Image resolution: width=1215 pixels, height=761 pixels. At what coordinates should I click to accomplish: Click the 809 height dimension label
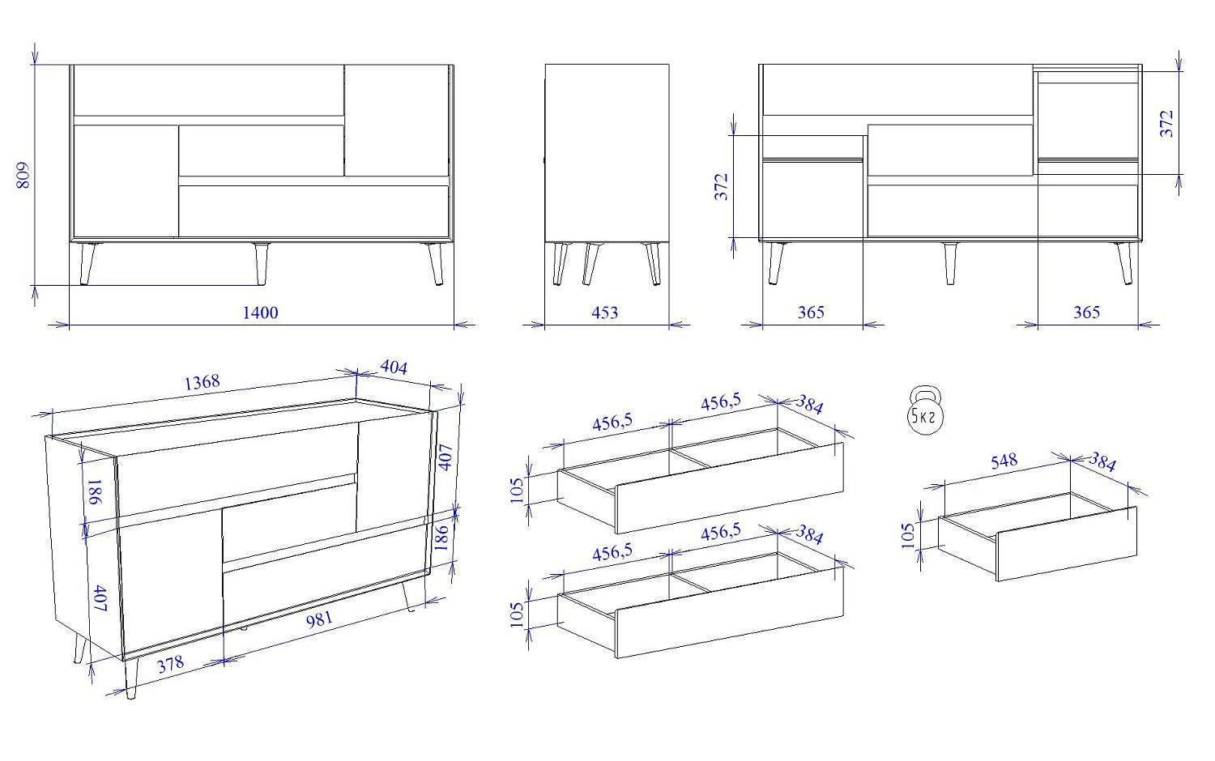pos(23,175)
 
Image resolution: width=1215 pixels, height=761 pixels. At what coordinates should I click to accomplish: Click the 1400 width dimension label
pos(260,312)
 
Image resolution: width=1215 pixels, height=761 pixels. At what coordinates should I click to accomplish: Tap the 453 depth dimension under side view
pos(604,312)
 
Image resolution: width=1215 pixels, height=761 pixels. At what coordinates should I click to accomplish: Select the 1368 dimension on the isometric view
pos(202,383)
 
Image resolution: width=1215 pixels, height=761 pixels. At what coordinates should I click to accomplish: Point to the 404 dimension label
pos(394,368)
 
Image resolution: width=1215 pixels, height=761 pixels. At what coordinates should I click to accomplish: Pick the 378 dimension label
pos(171,664)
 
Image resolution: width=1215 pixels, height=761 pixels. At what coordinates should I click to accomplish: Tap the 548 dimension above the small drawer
pos(1004,461)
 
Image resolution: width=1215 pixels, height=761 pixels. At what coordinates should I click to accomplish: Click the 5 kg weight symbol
pos(925,410)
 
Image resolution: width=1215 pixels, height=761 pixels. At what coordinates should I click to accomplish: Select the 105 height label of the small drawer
pos(908,535)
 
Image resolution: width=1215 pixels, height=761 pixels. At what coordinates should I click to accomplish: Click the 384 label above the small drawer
pos(1102,462)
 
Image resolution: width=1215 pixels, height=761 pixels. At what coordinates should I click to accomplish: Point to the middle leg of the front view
pos(262,264)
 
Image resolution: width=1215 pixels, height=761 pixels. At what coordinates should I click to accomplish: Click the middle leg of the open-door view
pos(950,263)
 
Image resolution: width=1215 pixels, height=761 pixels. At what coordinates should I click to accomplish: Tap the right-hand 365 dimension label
pos(1086,312)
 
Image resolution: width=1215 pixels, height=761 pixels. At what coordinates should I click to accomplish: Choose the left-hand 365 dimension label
pos(811,312)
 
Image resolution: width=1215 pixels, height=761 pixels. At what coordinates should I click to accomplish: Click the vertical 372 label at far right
pos(1166,124)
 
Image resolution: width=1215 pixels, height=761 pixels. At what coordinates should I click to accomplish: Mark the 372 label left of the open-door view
pos(722,187)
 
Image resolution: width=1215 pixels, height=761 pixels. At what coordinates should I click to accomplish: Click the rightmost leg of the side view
pos(653,264)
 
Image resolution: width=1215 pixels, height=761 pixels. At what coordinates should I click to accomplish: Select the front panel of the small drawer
pos(1067,544)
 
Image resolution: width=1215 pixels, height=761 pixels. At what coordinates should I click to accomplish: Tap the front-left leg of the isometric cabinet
pos(131,678)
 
